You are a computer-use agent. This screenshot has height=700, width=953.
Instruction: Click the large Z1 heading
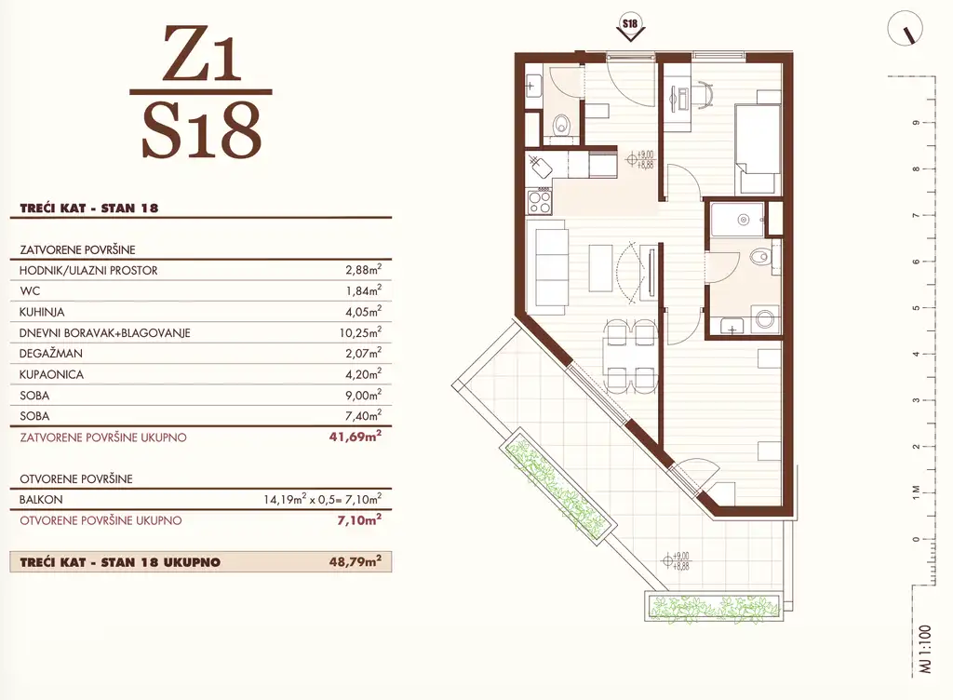pyautogui.click(x=201, y=55)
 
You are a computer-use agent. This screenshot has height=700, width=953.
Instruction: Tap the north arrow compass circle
pyautogui.click(x=905, y=29)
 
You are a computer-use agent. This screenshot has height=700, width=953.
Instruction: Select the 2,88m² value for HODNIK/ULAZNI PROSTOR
pyautogui.click(x=364, y=270)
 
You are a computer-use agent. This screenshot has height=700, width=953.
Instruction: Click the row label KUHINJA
pyautogui.click(x=42, y=312)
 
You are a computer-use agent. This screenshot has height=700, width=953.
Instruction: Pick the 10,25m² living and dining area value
pyautogui.click(x=360, y=332)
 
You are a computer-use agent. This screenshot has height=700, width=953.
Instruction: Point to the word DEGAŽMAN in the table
pyautogui.click(x=51, y=353)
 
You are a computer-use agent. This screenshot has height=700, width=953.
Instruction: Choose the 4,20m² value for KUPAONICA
pyautogui.click(x=364, y=373)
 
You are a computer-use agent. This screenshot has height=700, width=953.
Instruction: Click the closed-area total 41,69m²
pyautogui.click(x=356, y=437)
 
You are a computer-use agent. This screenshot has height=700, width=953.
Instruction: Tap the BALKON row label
pyautogui.click(x=41, y=500)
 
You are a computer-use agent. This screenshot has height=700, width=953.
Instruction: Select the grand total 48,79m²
pyautogui.click(x=356, y=561)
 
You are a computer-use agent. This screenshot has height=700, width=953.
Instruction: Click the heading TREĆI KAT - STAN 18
pyautogui.click(x=88, y=208)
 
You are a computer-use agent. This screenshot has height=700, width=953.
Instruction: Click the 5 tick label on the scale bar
pyautogui.click(x=916, y=308)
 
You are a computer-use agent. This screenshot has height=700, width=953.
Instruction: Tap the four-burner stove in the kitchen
pyautogui.click(x=539, y=201)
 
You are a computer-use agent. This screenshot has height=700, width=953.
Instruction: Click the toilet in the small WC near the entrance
pyautogui.click(x=561, y=125)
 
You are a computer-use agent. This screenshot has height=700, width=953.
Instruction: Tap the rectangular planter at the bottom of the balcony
pyautogui.click(x=715, y=606)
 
